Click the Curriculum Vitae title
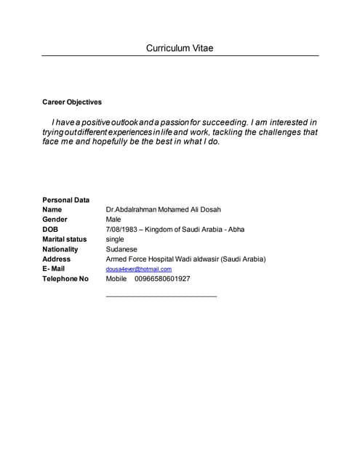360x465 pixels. (x=180, y=49)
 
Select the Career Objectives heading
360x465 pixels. (x=72, y=102)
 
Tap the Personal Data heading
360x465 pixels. (x=65, y=200)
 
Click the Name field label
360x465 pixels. (x=52, y=209)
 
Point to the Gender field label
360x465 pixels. (x=55, y=219)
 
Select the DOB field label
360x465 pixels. (x=50, y=230)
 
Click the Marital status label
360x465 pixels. (x=64, y=239)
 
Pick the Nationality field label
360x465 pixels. (x=60, y=249)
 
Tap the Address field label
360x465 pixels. (x=57, y=259)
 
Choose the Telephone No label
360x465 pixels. (x=65, y=279)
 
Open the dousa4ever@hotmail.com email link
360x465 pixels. (x=139, y=270)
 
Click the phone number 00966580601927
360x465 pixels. (x=163, y=279)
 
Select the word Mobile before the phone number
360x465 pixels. (x=116, y=279)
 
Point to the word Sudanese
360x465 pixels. (x=121, y=249)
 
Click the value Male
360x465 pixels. (x=113, y=219)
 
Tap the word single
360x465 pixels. (x=115, y=239)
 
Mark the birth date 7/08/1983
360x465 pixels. (x=121, y=230)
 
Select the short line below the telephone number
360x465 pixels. (x=161, y=296)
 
